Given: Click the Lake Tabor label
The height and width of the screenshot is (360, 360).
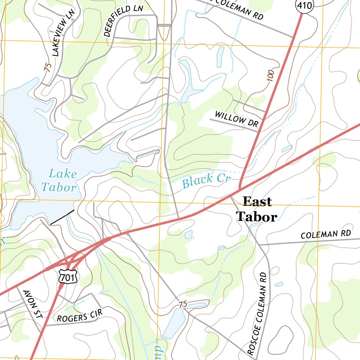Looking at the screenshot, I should click(58, 180).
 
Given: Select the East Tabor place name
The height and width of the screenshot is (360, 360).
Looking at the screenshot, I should click(257, 209).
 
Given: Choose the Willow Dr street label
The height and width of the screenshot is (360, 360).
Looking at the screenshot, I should click(236, 119).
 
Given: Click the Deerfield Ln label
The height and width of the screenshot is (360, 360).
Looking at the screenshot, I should click(123, 21).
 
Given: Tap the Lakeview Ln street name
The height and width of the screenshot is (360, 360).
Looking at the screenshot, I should click(63, 33).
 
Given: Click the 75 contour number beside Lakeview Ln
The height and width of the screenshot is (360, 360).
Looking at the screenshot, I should click(48, 67).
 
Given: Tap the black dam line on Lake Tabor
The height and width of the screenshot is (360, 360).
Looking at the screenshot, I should click(62, 217).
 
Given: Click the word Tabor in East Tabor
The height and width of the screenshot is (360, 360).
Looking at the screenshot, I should click(256, 217).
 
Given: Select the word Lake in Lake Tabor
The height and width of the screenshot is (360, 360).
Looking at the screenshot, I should click(63, 174).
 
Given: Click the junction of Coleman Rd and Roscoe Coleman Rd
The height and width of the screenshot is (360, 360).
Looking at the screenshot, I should click(259, 244).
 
